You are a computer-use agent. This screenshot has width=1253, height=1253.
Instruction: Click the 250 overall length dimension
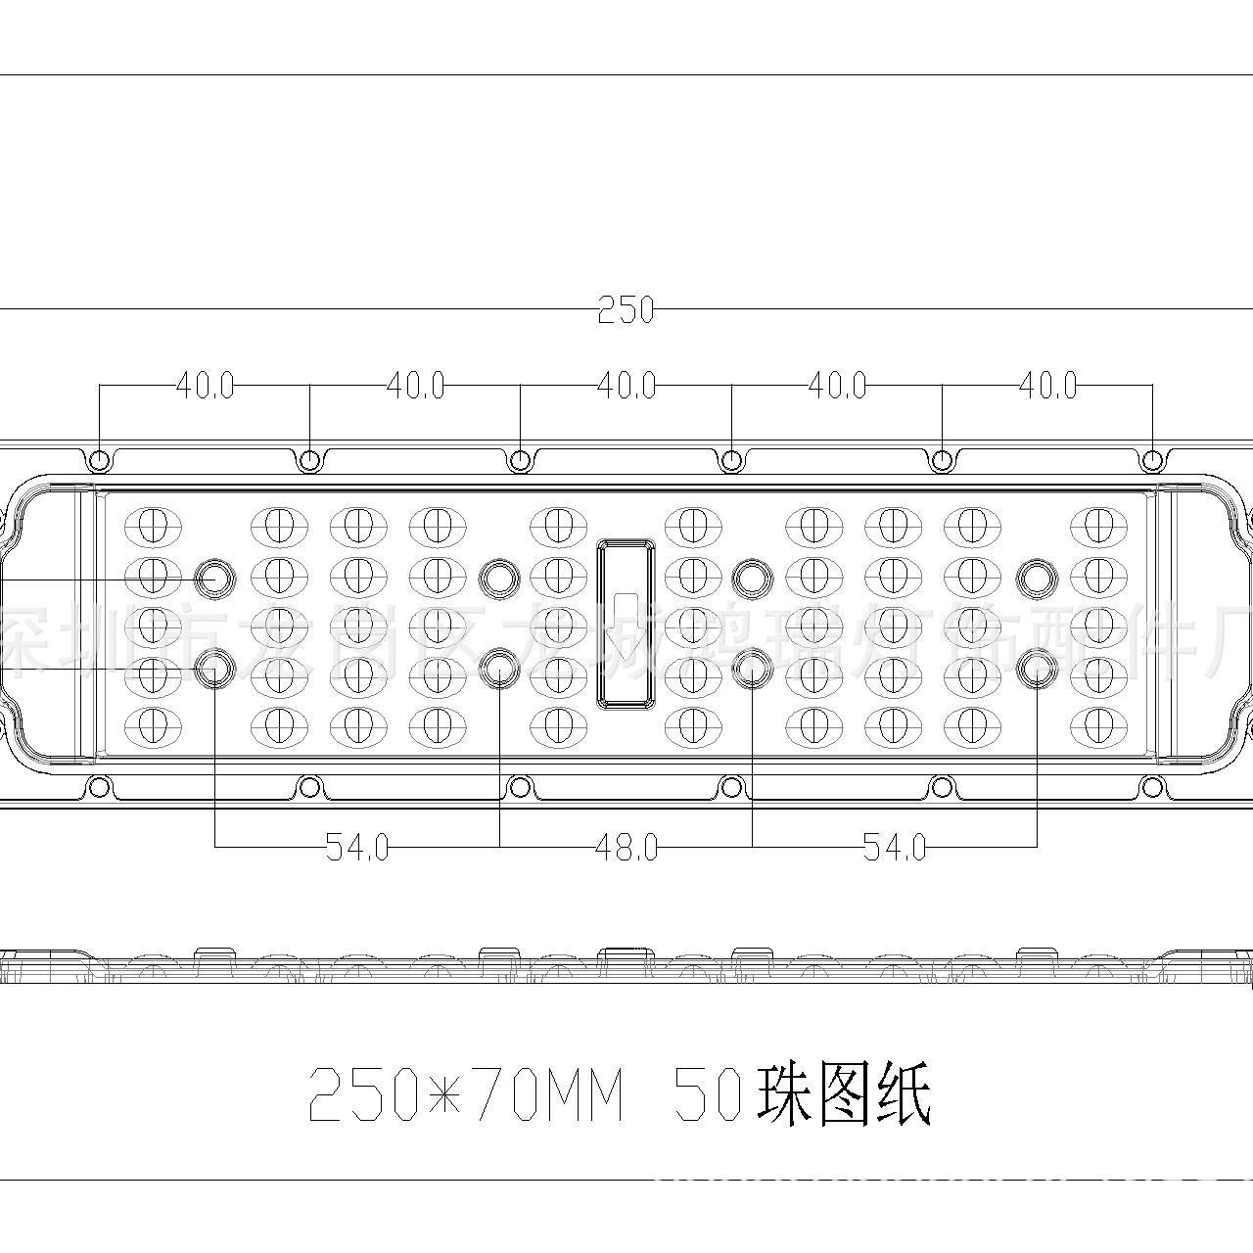click(x=626, y=310)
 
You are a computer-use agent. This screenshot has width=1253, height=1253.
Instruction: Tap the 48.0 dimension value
click(x=626, y=847)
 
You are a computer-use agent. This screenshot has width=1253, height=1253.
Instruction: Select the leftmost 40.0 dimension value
click(x=205, y=386)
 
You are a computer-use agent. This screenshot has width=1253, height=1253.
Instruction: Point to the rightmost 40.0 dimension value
click(x=1047, y=386)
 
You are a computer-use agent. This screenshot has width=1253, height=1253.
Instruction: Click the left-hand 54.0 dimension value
click(x=357, y=847)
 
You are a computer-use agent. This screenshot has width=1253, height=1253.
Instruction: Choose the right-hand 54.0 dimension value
click(x=895, y=847)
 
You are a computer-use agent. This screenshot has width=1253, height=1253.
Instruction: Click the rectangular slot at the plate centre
click(x=626, y=623)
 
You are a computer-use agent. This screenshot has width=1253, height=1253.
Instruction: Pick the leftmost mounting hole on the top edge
click(x=99, y=460)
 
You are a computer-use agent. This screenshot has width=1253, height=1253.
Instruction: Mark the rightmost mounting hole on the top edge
click(x=1153, y=460)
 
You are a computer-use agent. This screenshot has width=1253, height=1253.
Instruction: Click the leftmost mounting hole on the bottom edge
click(x=99, y=786)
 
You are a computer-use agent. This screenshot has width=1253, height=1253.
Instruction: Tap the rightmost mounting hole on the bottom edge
click(x=1153, y=786)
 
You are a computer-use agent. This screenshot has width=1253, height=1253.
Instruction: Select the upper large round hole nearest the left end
click(x=211, y=579)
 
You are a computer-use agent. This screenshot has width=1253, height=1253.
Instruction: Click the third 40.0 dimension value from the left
click(x=626, y=386)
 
